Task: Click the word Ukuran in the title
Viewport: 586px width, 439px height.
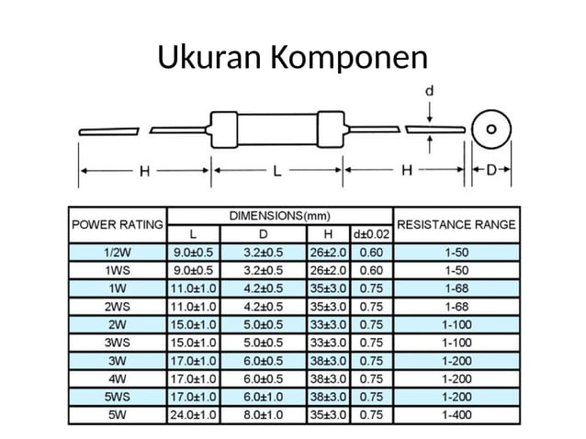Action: coord(208,58)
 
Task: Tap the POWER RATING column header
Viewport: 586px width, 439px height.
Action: coord(117,224)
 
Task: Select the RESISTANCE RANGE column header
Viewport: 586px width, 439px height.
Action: coord(456,224)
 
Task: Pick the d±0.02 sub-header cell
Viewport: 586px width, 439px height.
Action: coord(371,234)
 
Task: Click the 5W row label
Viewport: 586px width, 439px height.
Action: coord(117,414)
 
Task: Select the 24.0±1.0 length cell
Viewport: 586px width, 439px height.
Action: coord(193,414)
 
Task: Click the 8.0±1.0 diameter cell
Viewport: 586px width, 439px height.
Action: coord(263,414)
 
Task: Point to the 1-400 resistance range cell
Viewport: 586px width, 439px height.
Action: coord(456,414)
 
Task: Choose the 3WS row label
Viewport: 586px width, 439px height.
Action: coord(117,343)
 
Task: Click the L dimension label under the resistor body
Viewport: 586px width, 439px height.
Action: coord(276,171)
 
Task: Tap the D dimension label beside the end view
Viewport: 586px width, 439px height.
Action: coord(491,171)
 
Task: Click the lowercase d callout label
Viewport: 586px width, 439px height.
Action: coord(431,91)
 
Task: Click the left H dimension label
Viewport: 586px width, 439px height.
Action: coord(144,171)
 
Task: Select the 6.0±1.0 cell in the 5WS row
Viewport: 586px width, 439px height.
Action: coord(263,396)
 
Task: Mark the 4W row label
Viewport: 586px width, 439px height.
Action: coord(117,378)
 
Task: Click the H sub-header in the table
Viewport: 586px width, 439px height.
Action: coord(327,234)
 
